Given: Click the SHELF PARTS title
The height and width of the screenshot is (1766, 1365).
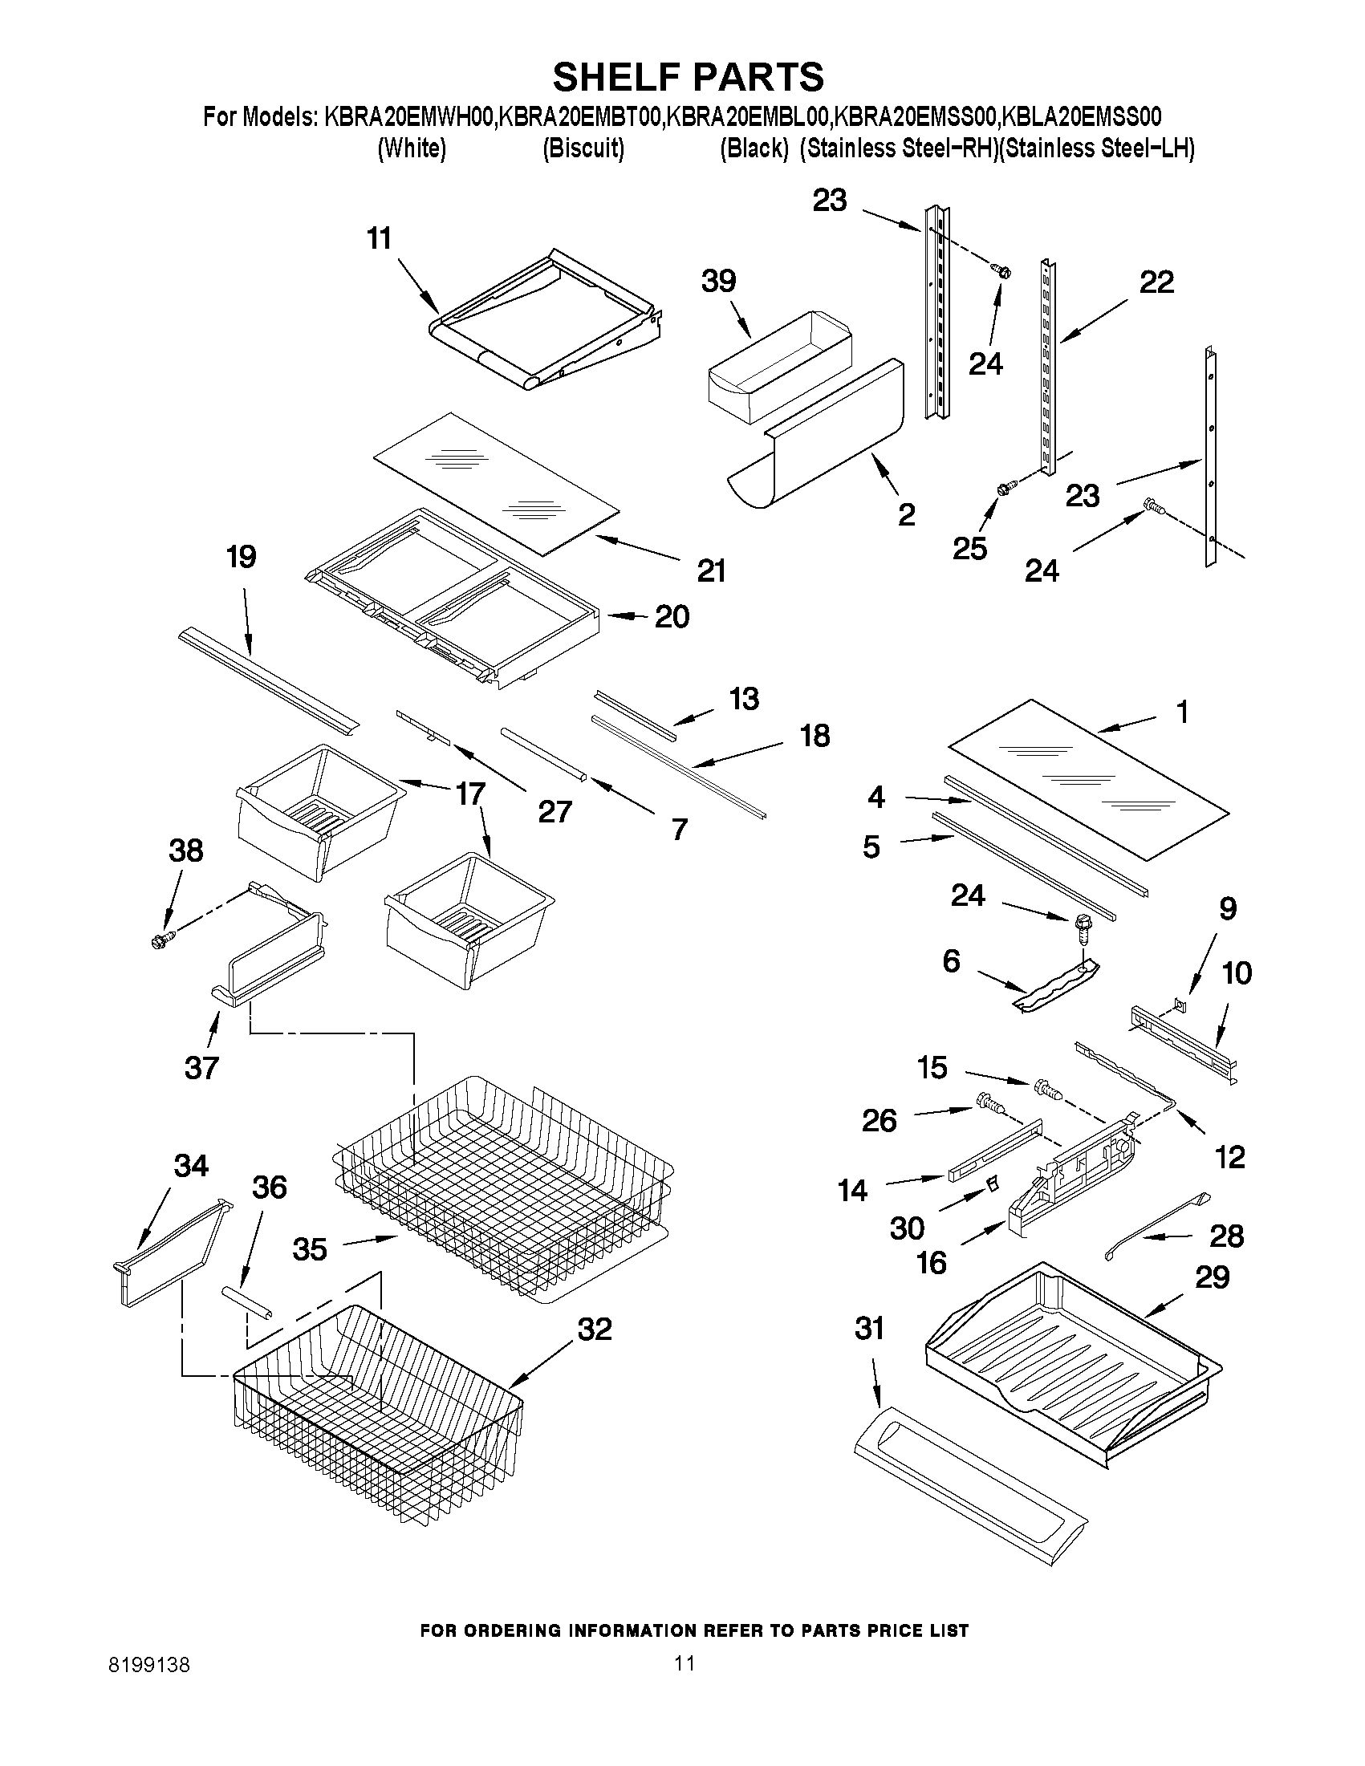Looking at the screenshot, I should [689, 78].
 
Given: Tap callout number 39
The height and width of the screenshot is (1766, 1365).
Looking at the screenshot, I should [718, 282].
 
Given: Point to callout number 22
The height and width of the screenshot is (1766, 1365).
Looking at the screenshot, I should [1156, 283].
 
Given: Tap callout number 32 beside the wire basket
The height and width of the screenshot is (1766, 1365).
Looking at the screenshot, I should [595, 1329].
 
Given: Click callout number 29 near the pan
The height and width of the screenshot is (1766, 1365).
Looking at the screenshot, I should [1213, 1277].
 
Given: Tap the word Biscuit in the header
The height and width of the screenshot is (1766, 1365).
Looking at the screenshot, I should [583, 148].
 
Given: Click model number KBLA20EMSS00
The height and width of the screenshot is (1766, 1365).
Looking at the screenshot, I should [1082, 118].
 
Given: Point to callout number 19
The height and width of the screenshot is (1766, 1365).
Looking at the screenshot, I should [242, 557].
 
